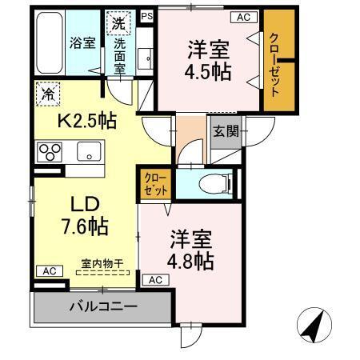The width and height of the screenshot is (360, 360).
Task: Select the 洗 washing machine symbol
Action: pyautogui.click(x=118, y=24)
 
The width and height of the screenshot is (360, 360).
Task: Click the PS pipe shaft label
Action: pyautogui.click(x=146, y=15)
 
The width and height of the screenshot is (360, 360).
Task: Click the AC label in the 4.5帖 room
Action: pyautogui.click(x=241, y=17)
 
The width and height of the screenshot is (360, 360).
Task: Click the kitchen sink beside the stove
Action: pyautogui.click(x=88, y=150)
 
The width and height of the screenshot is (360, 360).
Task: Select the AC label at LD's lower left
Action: pyautogui.click(x=48, y=270)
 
